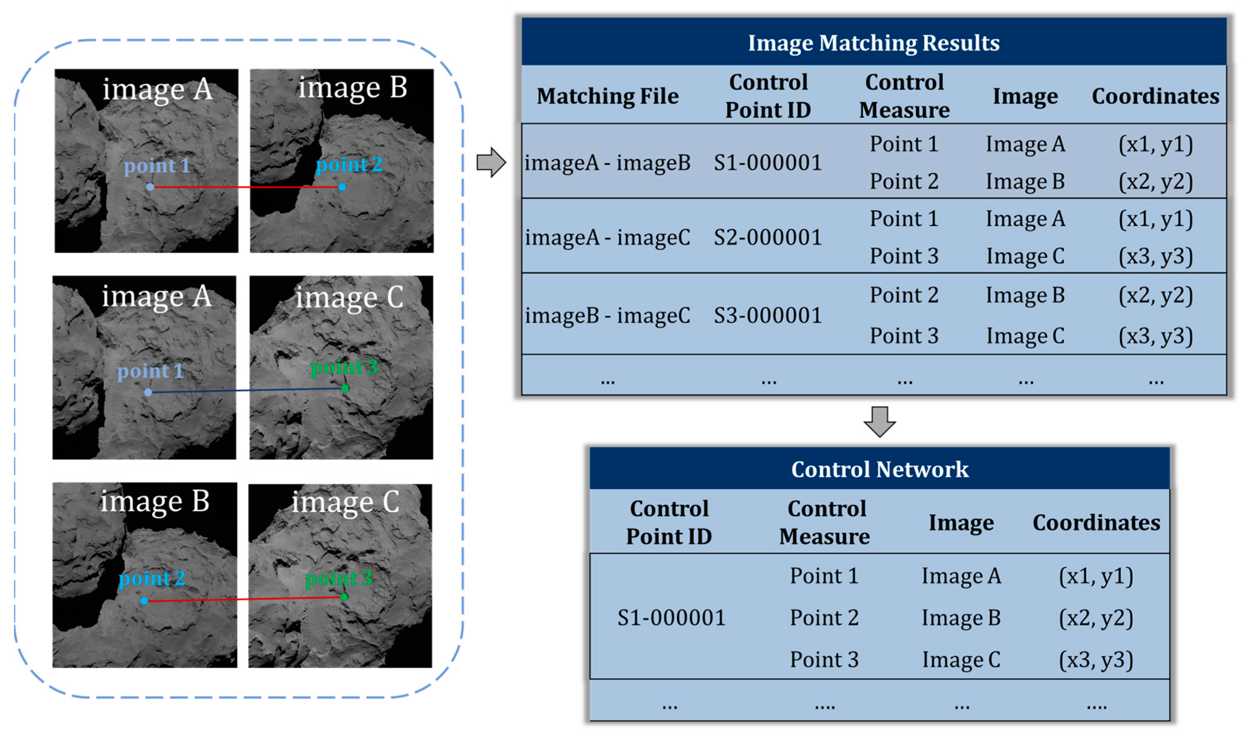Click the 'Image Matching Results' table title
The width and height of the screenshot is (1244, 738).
873,43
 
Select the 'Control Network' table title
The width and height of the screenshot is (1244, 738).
879,469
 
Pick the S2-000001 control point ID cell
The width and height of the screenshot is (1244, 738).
767,237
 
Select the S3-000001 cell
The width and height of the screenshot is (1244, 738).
767,315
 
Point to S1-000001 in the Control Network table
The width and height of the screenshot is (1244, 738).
671,618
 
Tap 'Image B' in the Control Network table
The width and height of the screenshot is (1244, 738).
961,618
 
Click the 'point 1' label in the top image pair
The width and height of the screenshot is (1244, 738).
157,166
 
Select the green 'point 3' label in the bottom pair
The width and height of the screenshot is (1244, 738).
338,578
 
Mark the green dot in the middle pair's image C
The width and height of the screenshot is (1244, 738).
345,388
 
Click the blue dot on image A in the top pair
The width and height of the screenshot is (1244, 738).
150,187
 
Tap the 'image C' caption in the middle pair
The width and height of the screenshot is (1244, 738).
349,298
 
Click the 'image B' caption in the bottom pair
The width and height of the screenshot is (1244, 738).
155,501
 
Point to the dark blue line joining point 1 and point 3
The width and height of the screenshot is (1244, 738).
246,390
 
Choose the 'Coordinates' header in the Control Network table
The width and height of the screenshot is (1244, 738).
1096,523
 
